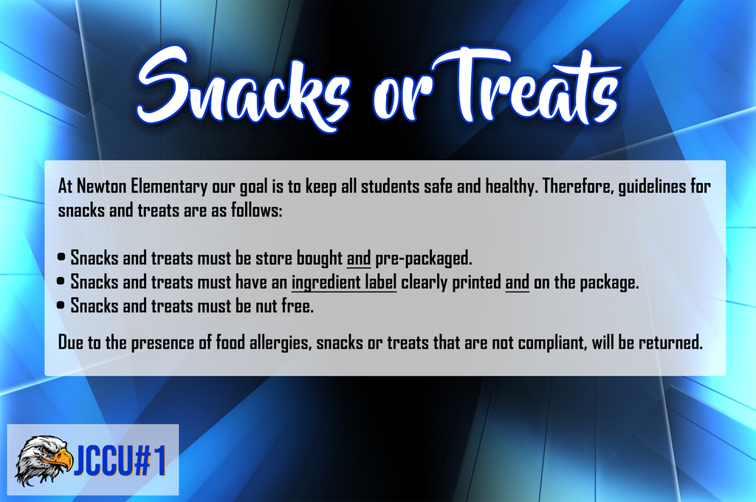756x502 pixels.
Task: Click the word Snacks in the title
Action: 244,89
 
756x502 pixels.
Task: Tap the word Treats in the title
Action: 526,87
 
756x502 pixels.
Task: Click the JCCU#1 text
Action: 120,461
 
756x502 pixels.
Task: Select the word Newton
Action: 100,186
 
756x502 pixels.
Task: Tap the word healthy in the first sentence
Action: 511,187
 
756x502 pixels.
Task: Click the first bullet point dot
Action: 61,257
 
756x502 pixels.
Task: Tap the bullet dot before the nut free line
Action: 61,305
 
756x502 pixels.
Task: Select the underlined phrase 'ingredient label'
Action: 344,283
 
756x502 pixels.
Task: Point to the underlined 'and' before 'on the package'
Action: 517,283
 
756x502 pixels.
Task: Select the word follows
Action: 256,210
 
